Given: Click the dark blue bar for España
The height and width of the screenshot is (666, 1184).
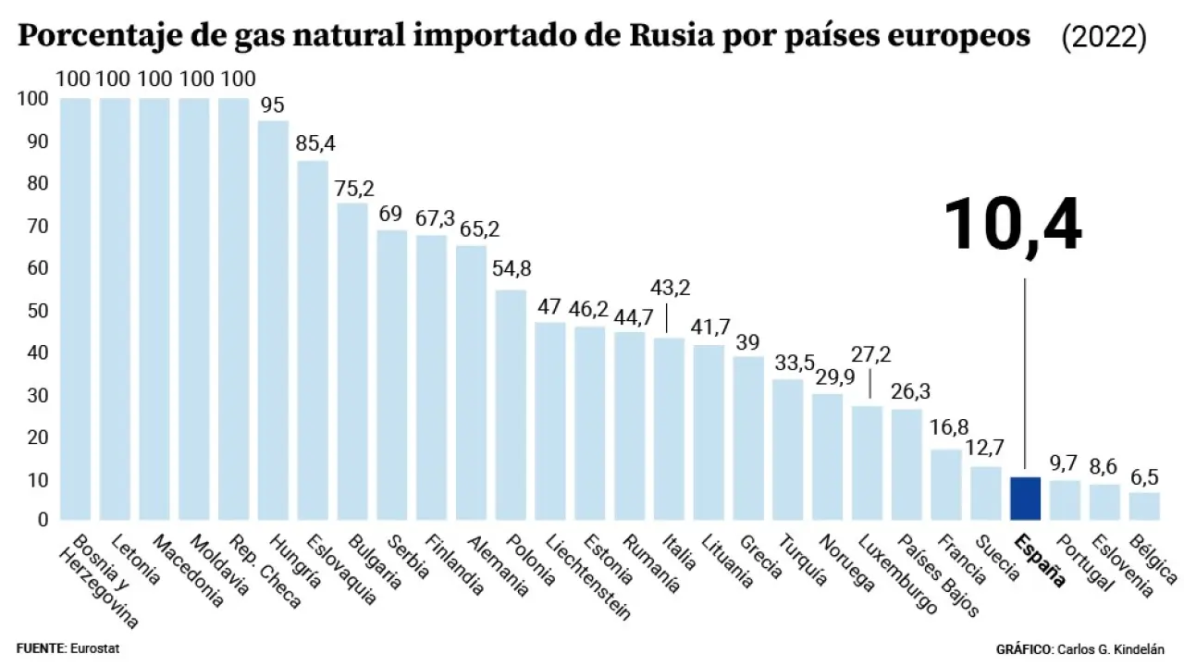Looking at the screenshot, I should tap(1026, 499).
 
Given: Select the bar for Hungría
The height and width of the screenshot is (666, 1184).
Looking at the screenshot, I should tap(273, 319).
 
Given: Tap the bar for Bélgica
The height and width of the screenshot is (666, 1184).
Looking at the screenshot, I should tap(1144, 506).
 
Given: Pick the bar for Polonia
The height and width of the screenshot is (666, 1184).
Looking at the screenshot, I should tap(511, 404).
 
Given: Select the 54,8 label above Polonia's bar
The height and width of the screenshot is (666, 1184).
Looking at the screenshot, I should tap(512, 269).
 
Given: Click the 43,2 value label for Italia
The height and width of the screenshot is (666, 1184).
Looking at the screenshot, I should tap(670, 288).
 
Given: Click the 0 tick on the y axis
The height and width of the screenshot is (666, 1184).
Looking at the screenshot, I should tap(42, 521).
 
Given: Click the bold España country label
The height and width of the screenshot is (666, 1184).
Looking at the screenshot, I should tap(1039, 561).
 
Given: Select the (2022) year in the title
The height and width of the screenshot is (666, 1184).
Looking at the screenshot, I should tap(1104, 38).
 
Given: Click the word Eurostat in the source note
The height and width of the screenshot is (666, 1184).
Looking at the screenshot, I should tap(95, 648).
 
